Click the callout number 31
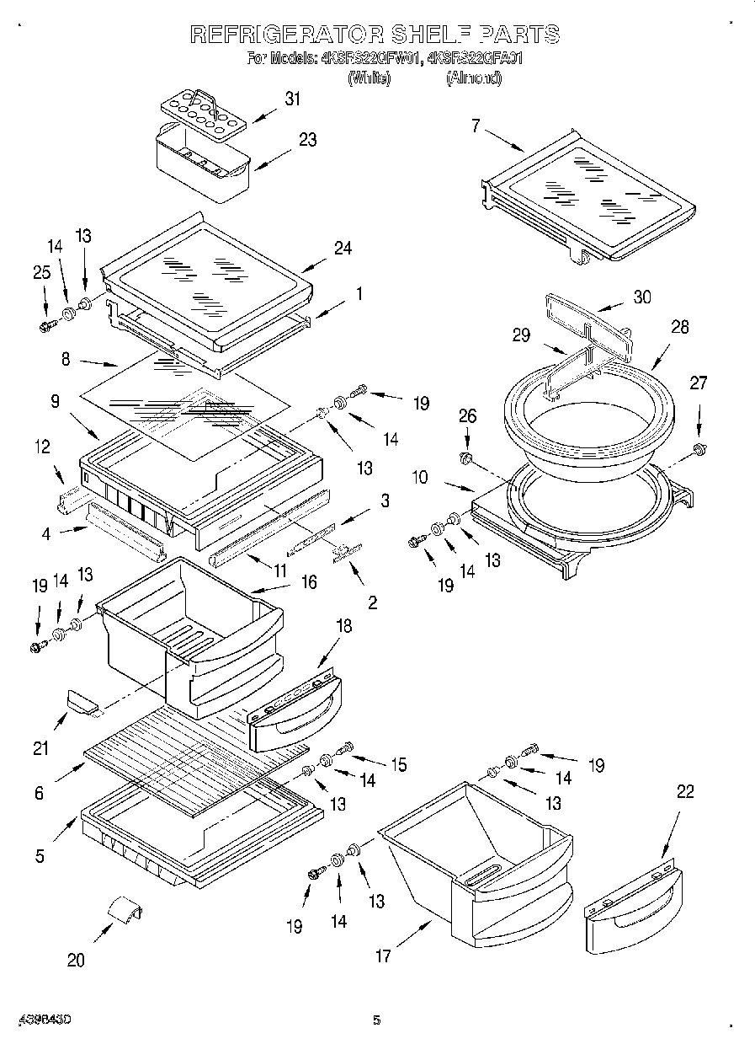click(x=292, y=99)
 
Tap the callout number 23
click(x=307, y=140)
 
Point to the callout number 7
click(x=476, y=126)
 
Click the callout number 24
click(x=342, y=248)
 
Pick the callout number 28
click(x=679, y=327)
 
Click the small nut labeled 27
click(x=698, y=447)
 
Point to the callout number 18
click(x=343, y=626)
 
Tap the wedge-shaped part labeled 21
click(x=82, y=699)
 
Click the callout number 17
click(x=383, y=956)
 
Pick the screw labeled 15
click(x=344, y=747)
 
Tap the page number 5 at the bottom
click(x=377, y=1020)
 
